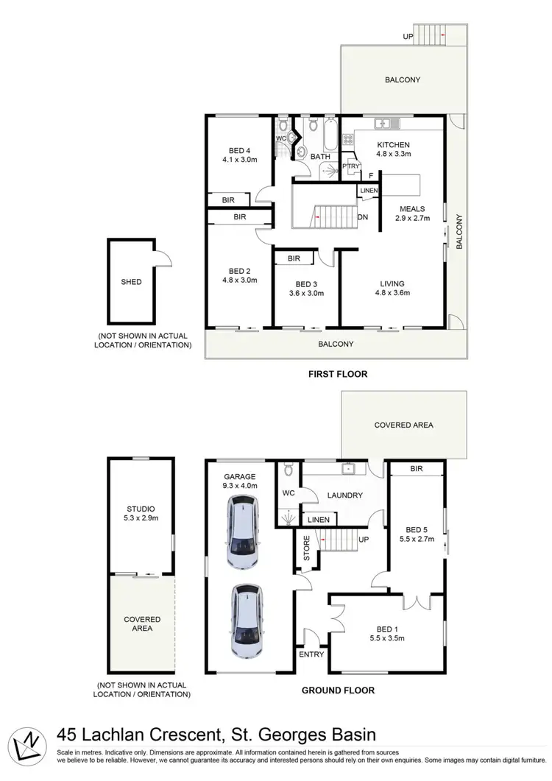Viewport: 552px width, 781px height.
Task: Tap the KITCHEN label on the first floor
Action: [x=393, y=144]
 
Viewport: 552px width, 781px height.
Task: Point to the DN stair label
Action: [x=362, y=217]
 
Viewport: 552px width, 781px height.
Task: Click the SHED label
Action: [x=131, y=282]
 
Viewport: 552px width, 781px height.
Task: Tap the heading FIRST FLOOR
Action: [x=337, y=374]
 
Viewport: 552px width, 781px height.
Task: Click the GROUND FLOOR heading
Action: [x=338, y=690]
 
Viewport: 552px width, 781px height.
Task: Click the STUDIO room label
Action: [x=141, y=509]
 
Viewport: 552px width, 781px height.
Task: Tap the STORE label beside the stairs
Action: [x=307, y=548]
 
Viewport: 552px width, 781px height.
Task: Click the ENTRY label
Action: [x=310, y=654]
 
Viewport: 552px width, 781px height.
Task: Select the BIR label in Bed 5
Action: [x=416, y=468]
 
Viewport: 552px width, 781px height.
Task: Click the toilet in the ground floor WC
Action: [x=289, y=470]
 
